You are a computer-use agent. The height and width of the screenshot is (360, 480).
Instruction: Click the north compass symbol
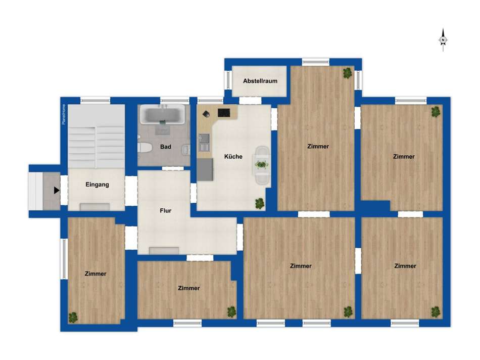coord(443,40)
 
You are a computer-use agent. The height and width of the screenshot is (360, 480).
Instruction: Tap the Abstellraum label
coord(260,81)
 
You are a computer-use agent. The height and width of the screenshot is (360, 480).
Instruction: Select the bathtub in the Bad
coord(163,115)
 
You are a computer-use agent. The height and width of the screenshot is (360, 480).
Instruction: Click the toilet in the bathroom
coord(145,148)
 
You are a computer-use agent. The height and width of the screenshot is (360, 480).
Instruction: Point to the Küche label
coord(233,157)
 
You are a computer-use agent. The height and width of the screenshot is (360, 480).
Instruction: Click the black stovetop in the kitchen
coord(224,113)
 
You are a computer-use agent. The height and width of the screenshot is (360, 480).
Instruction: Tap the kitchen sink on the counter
coord(204,142)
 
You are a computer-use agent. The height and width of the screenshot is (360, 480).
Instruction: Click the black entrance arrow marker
coord(56,190)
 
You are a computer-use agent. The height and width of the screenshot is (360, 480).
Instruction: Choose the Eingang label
coord(98,185)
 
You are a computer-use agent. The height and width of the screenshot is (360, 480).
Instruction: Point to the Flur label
coord(166,210)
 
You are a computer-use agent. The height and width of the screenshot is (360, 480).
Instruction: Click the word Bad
coord(166,147)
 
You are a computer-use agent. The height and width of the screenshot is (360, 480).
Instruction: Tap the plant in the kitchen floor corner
coord(260,203)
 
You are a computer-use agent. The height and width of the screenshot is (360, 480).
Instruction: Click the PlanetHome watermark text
coord(64,114)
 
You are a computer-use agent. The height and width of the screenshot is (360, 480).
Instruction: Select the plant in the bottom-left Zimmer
coord(73,318)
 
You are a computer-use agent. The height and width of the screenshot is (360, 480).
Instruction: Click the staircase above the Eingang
coord(96,137)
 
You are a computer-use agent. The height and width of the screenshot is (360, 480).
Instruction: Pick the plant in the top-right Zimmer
coord(436,112)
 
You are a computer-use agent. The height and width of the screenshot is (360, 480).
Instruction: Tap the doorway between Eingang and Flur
coord(131,191)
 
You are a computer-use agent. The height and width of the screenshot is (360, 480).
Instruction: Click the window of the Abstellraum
coord(228,80)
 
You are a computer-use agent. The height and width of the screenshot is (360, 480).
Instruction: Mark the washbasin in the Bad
coord(186,150)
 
